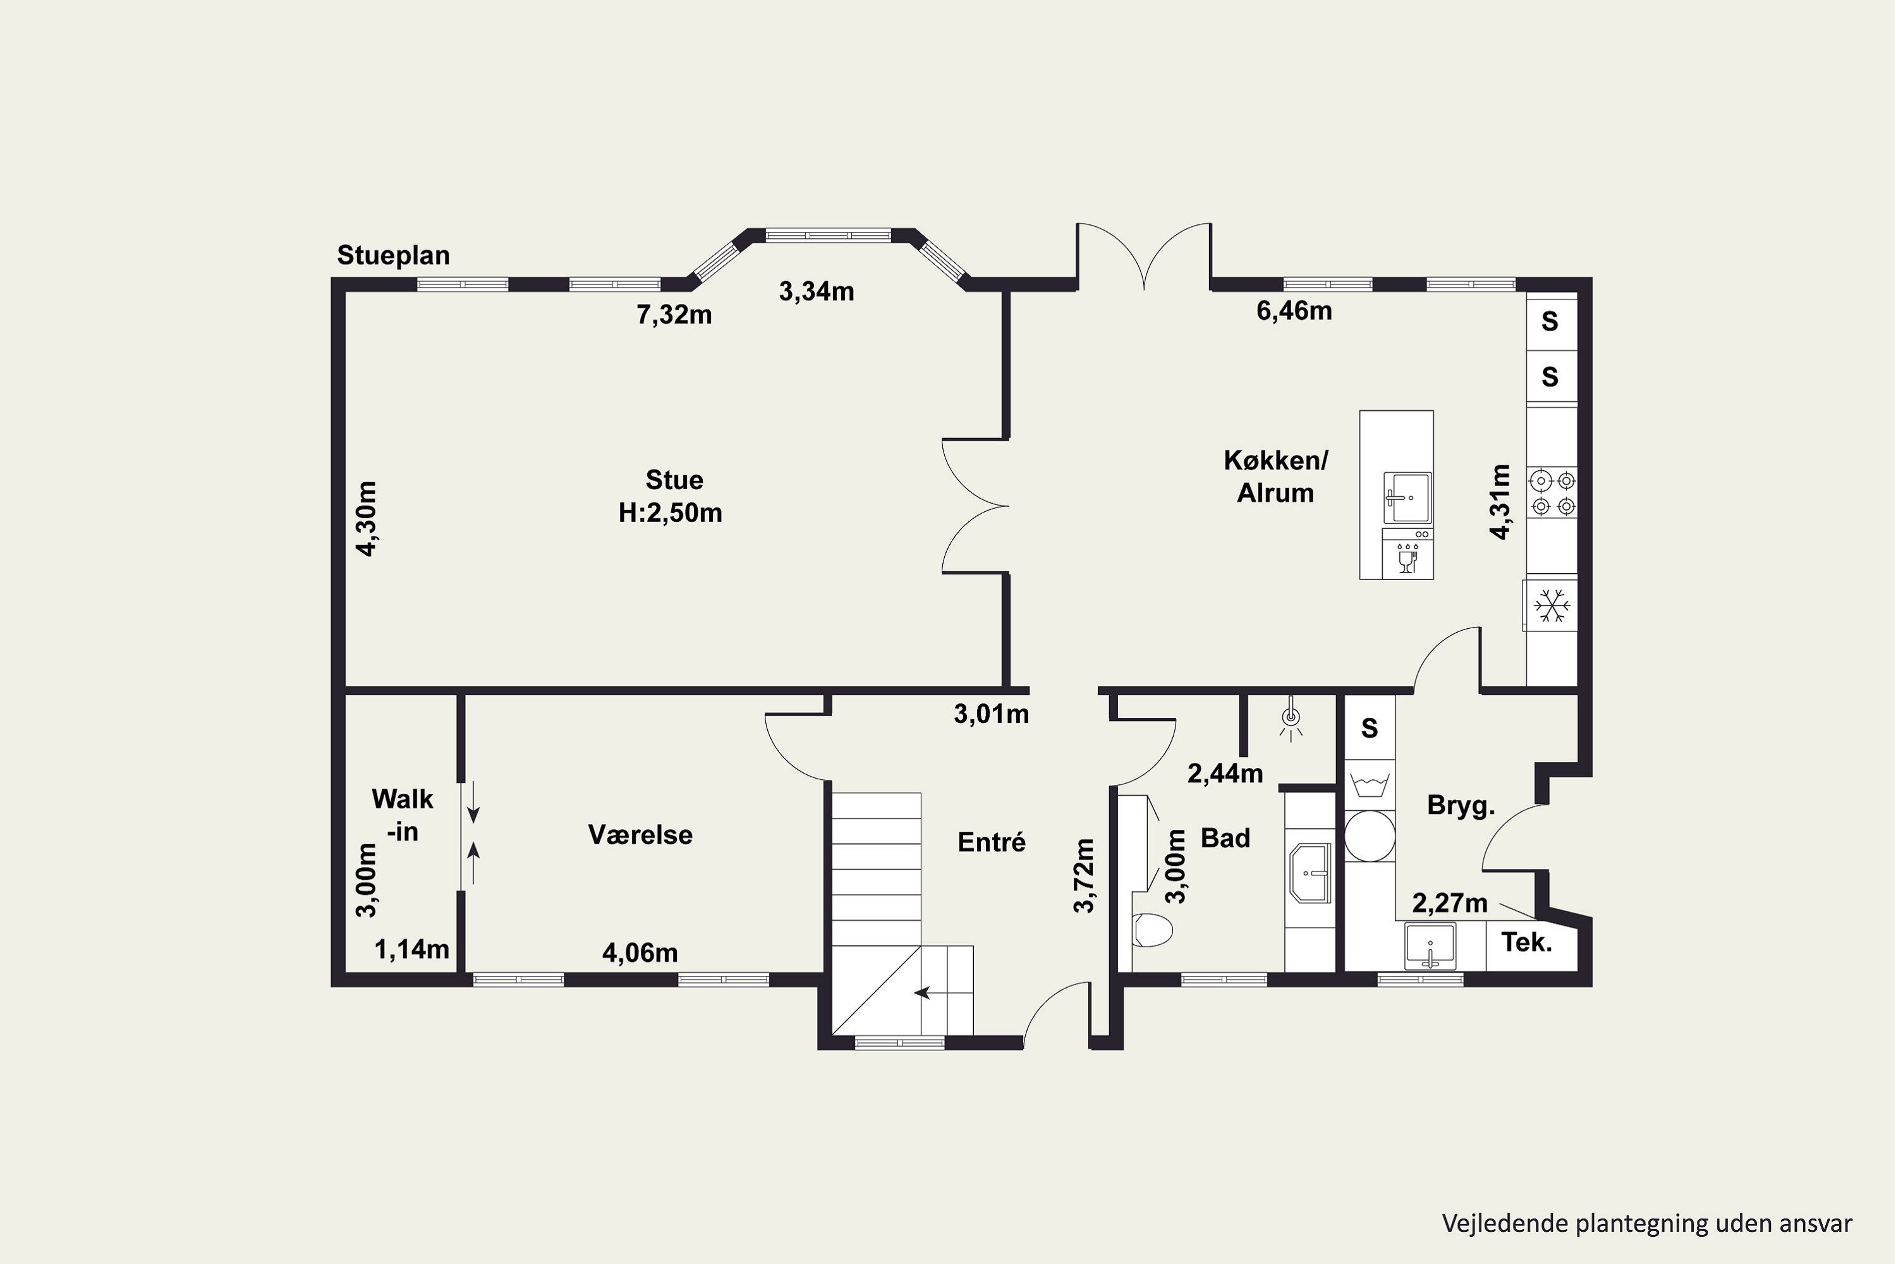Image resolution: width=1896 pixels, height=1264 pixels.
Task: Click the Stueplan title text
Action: click(x=393, y=255)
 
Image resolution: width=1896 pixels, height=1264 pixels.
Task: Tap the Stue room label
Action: click(x=674, y=480)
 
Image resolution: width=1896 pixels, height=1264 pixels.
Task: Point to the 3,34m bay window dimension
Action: click(x=817, y=291)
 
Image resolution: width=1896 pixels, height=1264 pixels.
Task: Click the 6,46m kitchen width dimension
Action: click(x=1294, y=310)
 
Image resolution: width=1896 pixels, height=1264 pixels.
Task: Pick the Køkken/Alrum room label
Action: click(x=1275, y=477)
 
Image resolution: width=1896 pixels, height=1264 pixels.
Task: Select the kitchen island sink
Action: click(x=1407, y=497)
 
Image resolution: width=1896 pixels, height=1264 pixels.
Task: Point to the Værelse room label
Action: click(x=640, y=834)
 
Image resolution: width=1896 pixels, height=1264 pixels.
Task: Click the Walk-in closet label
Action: click(x=402, y=815)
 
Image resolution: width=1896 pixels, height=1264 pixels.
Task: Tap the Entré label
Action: click(x=992, y=842)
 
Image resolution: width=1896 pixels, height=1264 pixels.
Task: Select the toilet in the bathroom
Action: click(x=1152, y=930)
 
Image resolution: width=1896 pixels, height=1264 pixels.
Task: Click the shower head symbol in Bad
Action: click(x=1291, y=717)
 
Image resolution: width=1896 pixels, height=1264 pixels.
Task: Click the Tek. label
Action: click(x=1527, y=942)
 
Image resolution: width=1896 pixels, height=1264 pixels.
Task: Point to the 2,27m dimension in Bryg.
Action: click(x=1449, y=903)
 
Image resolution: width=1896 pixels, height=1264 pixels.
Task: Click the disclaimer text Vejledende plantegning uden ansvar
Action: click(x=1647, y=1223)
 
